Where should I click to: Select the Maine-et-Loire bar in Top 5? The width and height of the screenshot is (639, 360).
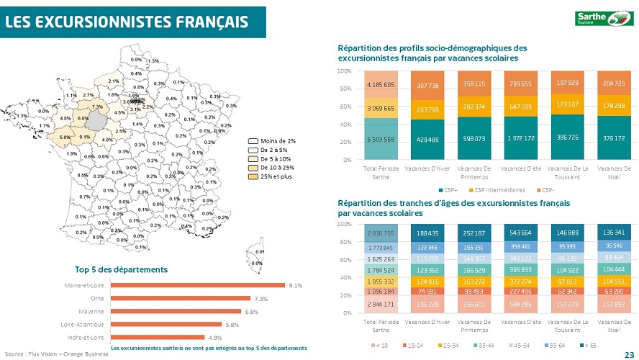(197, 286)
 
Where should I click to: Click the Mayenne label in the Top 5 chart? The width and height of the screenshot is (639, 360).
(92, 312)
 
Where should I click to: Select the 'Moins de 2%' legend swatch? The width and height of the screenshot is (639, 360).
(253, 140)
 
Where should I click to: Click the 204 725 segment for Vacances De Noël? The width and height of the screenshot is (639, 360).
(614, 83)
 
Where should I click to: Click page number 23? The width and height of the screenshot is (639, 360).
(629, 354)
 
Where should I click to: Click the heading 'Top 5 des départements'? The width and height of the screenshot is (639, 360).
(122, 269)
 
